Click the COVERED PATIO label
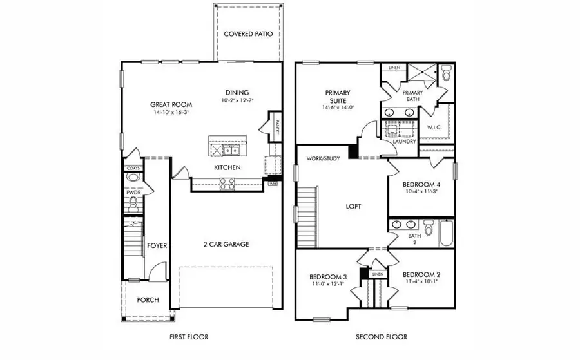[248, 34]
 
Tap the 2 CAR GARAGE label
[227, 244]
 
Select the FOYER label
[157, 245]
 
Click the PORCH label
[148, 300]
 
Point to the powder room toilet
[133, 205]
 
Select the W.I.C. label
[434, 127]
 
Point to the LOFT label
[353, 207]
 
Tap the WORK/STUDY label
[323, 158]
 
